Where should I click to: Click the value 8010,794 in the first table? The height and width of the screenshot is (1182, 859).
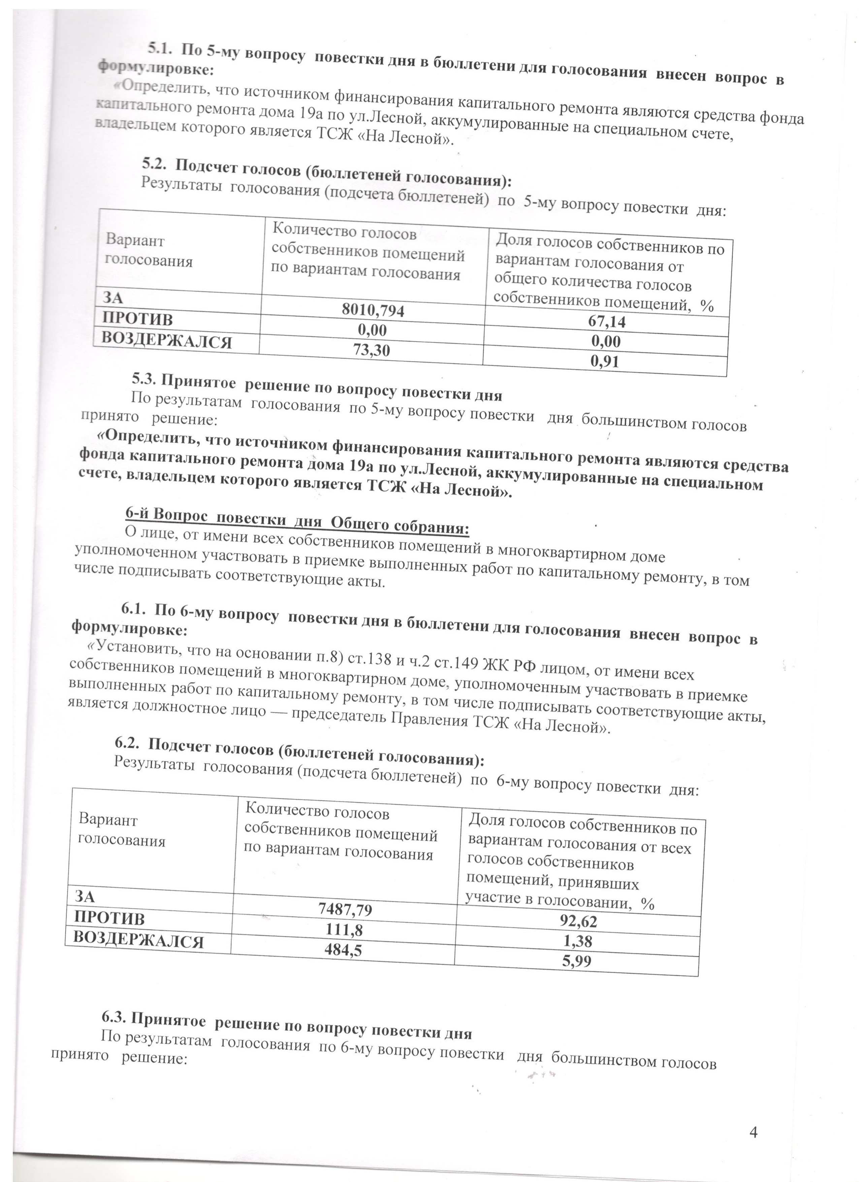373,311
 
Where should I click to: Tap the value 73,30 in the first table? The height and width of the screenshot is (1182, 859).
372,350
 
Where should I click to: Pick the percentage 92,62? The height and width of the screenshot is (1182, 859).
578,921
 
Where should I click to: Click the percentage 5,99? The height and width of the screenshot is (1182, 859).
577,961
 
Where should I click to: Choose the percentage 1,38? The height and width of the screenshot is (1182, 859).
577,941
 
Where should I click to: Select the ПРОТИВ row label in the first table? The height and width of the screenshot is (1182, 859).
137,319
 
